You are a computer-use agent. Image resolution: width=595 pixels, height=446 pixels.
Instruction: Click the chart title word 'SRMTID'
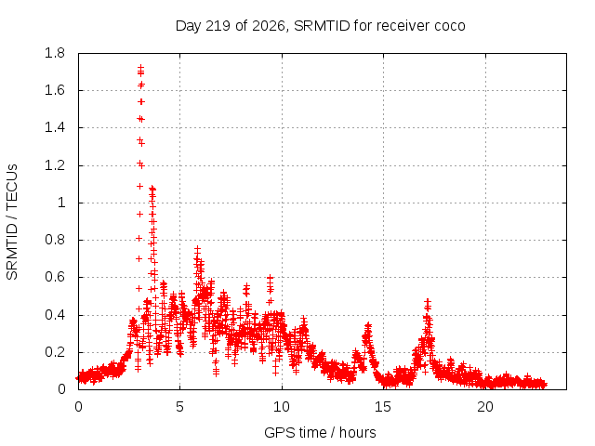(x=322, y=26)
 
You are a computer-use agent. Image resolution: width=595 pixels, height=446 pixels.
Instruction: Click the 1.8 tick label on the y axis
(x=55, y=53)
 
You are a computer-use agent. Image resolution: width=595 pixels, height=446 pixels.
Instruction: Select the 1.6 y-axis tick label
(x=55, y=90)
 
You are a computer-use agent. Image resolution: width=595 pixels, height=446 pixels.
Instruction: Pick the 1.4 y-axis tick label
(x=55, y=127)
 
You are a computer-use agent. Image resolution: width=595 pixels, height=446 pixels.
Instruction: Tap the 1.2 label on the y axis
(x=55, y=165)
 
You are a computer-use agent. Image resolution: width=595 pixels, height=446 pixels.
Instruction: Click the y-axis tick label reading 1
(x=61, y=203)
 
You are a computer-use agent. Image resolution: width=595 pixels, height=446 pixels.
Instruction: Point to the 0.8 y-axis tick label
(x=55, y=240)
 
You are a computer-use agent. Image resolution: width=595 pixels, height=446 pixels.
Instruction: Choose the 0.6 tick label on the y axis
(x=55, y=277)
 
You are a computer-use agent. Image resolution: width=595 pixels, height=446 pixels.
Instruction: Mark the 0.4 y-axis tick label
(x=55, y=315)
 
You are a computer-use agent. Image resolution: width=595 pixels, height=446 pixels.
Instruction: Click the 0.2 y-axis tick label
(x=55, y=352)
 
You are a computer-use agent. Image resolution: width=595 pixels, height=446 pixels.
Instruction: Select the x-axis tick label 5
(x=179, y=407)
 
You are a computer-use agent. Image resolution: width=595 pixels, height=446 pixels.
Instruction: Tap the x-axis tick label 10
(x=282, y=407)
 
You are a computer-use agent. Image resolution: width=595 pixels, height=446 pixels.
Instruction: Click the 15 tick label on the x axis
(x=383, y=407)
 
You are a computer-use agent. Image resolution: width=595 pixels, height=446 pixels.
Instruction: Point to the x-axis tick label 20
(x=485, y=407)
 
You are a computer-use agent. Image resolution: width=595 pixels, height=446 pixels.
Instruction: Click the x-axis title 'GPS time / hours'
(x=320, y=433)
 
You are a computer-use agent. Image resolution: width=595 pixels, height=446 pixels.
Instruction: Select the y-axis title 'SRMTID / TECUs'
(x=12, y=222)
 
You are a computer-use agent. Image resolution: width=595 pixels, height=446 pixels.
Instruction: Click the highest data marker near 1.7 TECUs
(x=140, y=68)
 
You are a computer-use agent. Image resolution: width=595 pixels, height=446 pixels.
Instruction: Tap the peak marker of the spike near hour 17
(x=428, y=302)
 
